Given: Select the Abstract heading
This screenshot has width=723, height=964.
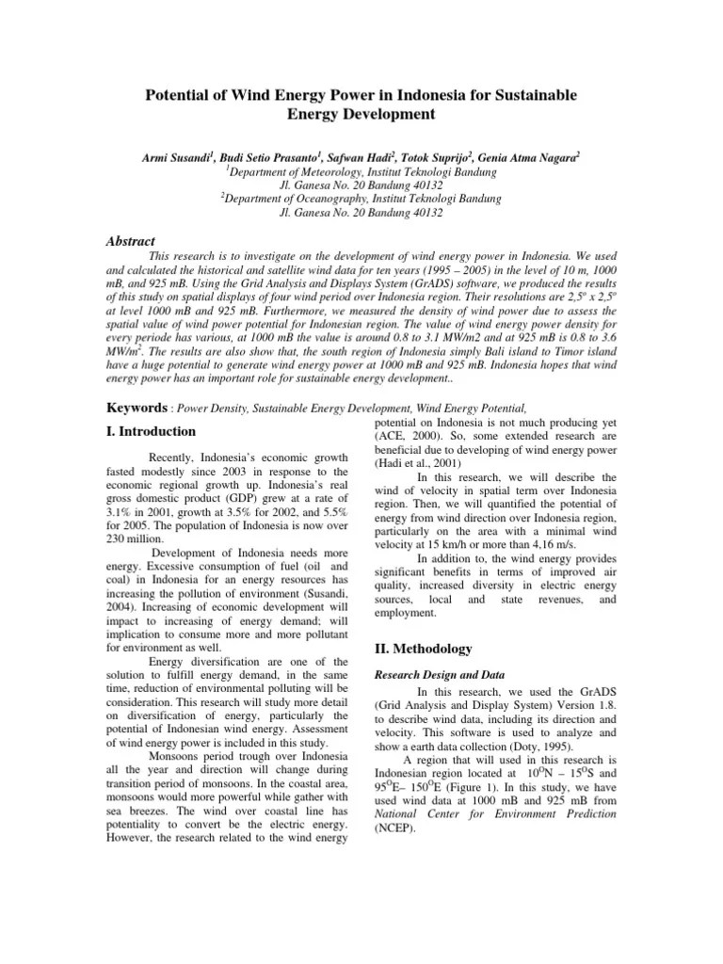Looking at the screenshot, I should [130, 242].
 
